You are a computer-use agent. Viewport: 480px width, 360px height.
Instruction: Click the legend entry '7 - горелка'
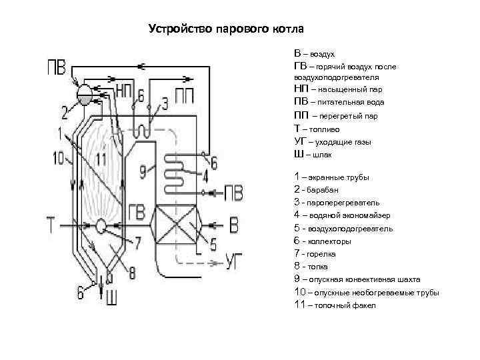point(317,254)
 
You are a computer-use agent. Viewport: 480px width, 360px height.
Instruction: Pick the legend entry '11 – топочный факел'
point(335,305)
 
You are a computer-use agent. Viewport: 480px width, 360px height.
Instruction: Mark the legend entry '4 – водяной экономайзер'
point(342,215)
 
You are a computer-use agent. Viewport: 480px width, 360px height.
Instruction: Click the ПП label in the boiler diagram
point(185,94)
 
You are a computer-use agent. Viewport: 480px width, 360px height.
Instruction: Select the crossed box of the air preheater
point(177,226)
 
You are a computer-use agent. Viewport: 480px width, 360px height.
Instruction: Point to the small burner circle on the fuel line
point(101,226)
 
